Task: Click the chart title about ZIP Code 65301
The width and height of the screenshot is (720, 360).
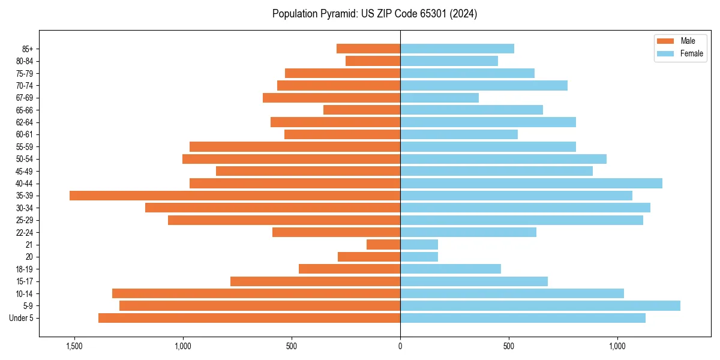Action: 374,14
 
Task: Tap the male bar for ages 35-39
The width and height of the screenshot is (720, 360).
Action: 235,196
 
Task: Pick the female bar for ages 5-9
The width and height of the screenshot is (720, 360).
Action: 540,306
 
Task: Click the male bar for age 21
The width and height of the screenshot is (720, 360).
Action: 383,245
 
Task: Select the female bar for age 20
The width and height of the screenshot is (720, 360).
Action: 419,257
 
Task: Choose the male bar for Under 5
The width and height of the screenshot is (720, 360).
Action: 249,318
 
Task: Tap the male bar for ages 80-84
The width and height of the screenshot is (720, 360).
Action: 373,61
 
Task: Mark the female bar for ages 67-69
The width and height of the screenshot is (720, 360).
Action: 439,98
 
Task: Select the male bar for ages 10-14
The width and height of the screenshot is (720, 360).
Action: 256,293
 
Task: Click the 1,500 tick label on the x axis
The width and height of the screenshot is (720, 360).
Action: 74,347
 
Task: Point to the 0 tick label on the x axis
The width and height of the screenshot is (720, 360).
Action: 400,347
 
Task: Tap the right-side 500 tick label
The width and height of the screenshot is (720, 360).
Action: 509,347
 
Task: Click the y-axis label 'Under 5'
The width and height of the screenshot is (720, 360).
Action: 22,318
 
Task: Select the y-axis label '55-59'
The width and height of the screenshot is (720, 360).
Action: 25,147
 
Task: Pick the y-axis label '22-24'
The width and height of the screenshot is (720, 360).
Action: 25,233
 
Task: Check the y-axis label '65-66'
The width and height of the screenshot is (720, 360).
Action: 25,110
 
